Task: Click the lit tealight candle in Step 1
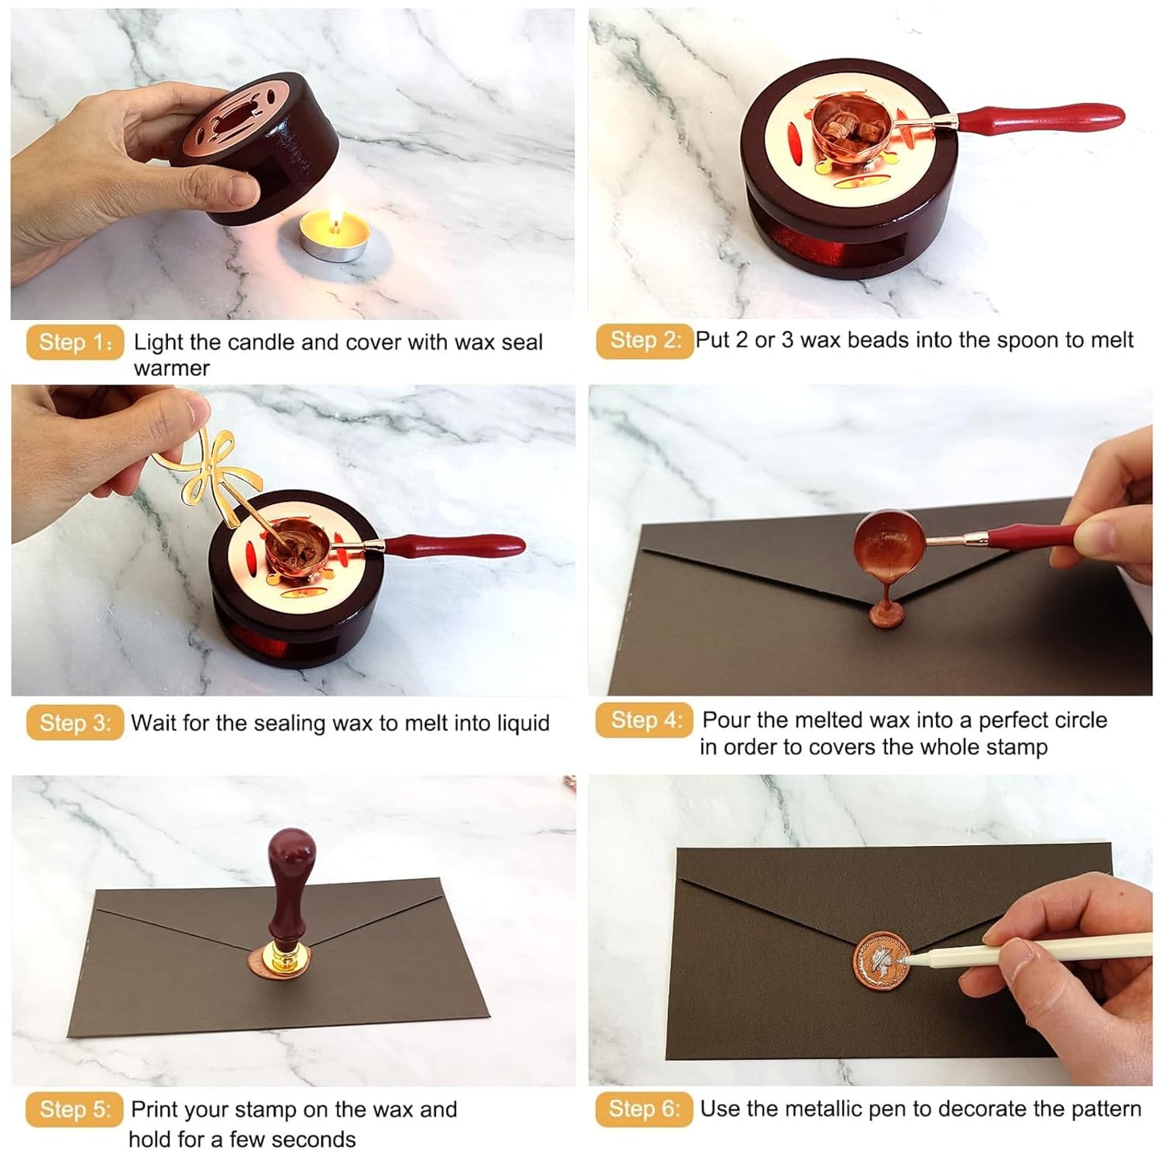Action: [x=335, y=235]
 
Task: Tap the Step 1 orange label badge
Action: [x=75, y=342]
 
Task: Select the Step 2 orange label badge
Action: [x=644, y=340]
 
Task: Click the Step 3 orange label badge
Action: [x=75, y=722]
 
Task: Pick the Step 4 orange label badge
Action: [x=644, y=720]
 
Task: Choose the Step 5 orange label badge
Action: [x=75, y=1110]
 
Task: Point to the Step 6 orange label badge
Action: [x=644, y=1109]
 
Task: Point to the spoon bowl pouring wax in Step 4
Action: [x=889, y=547]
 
